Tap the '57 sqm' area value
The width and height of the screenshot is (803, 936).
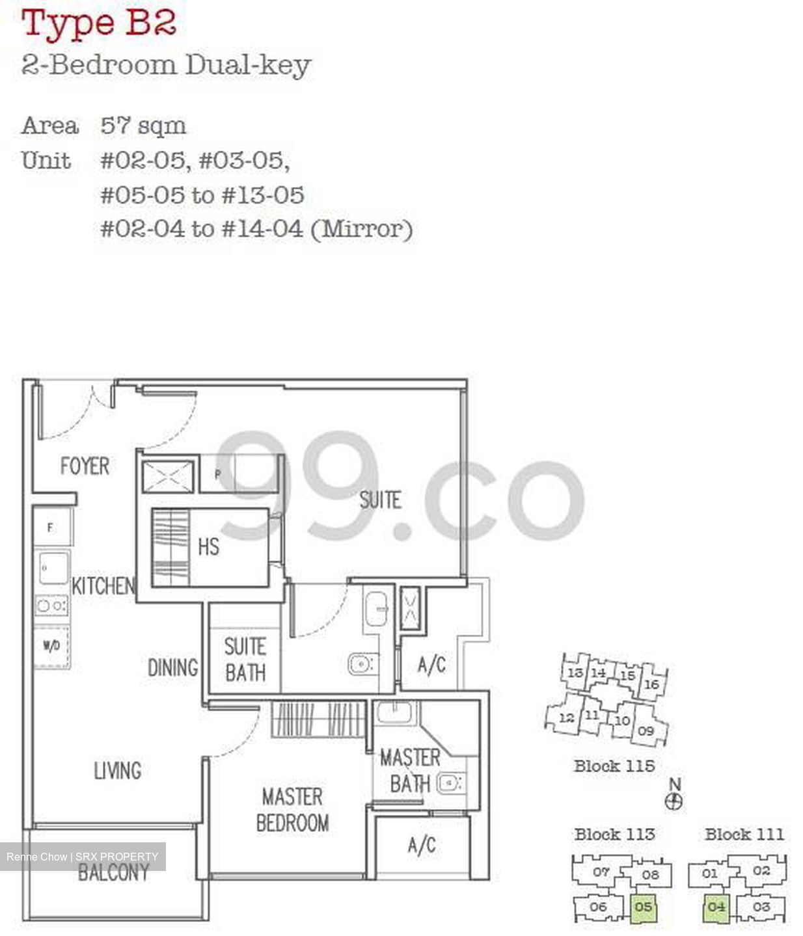tap(143, 126)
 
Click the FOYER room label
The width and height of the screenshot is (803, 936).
tap(85, 466)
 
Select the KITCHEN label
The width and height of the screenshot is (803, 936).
tap(103, 586)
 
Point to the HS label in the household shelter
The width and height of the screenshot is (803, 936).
tap(208, 546)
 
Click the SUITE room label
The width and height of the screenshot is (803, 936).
tap(381, 500)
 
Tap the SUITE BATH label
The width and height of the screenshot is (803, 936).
tap(245, 659)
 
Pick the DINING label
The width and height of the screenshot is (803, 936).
tap(172, 667)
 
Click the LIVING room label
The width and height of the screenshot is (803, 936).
tap(118, 771)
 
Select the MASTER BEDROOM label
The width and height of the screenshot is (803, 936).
tap(292, 809)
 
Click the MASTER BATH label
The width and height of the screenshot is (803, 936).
tap(410, 771)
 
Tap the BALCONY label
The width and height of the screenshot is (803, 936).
tap(114, 872)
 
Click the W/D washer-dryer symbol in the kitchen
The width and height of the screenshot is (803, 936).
tap(51, 646)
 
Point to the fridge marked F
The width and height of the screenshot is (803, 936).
tap(50, 528)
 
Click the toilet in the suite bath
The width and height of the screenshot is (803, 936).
tap(361, 663)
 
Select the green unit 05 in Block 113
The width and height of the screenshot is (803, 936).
tap(643, 907)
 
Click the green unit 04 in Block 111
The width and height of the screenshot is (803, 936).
tap(716, 907)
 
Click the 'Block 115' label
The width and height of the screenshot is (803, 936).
tap(614, 766)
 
